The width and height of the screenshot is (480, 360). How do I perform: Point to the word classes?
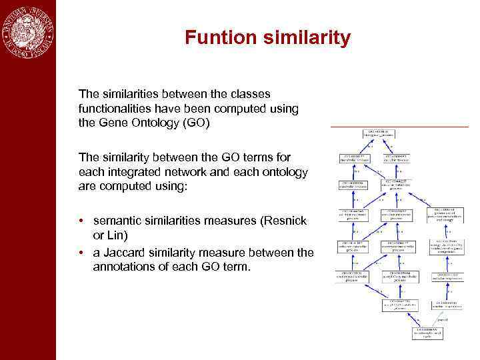pos(246,94)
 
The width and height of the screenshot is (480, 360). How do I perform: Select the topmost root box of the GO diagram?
pos(381,135)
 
